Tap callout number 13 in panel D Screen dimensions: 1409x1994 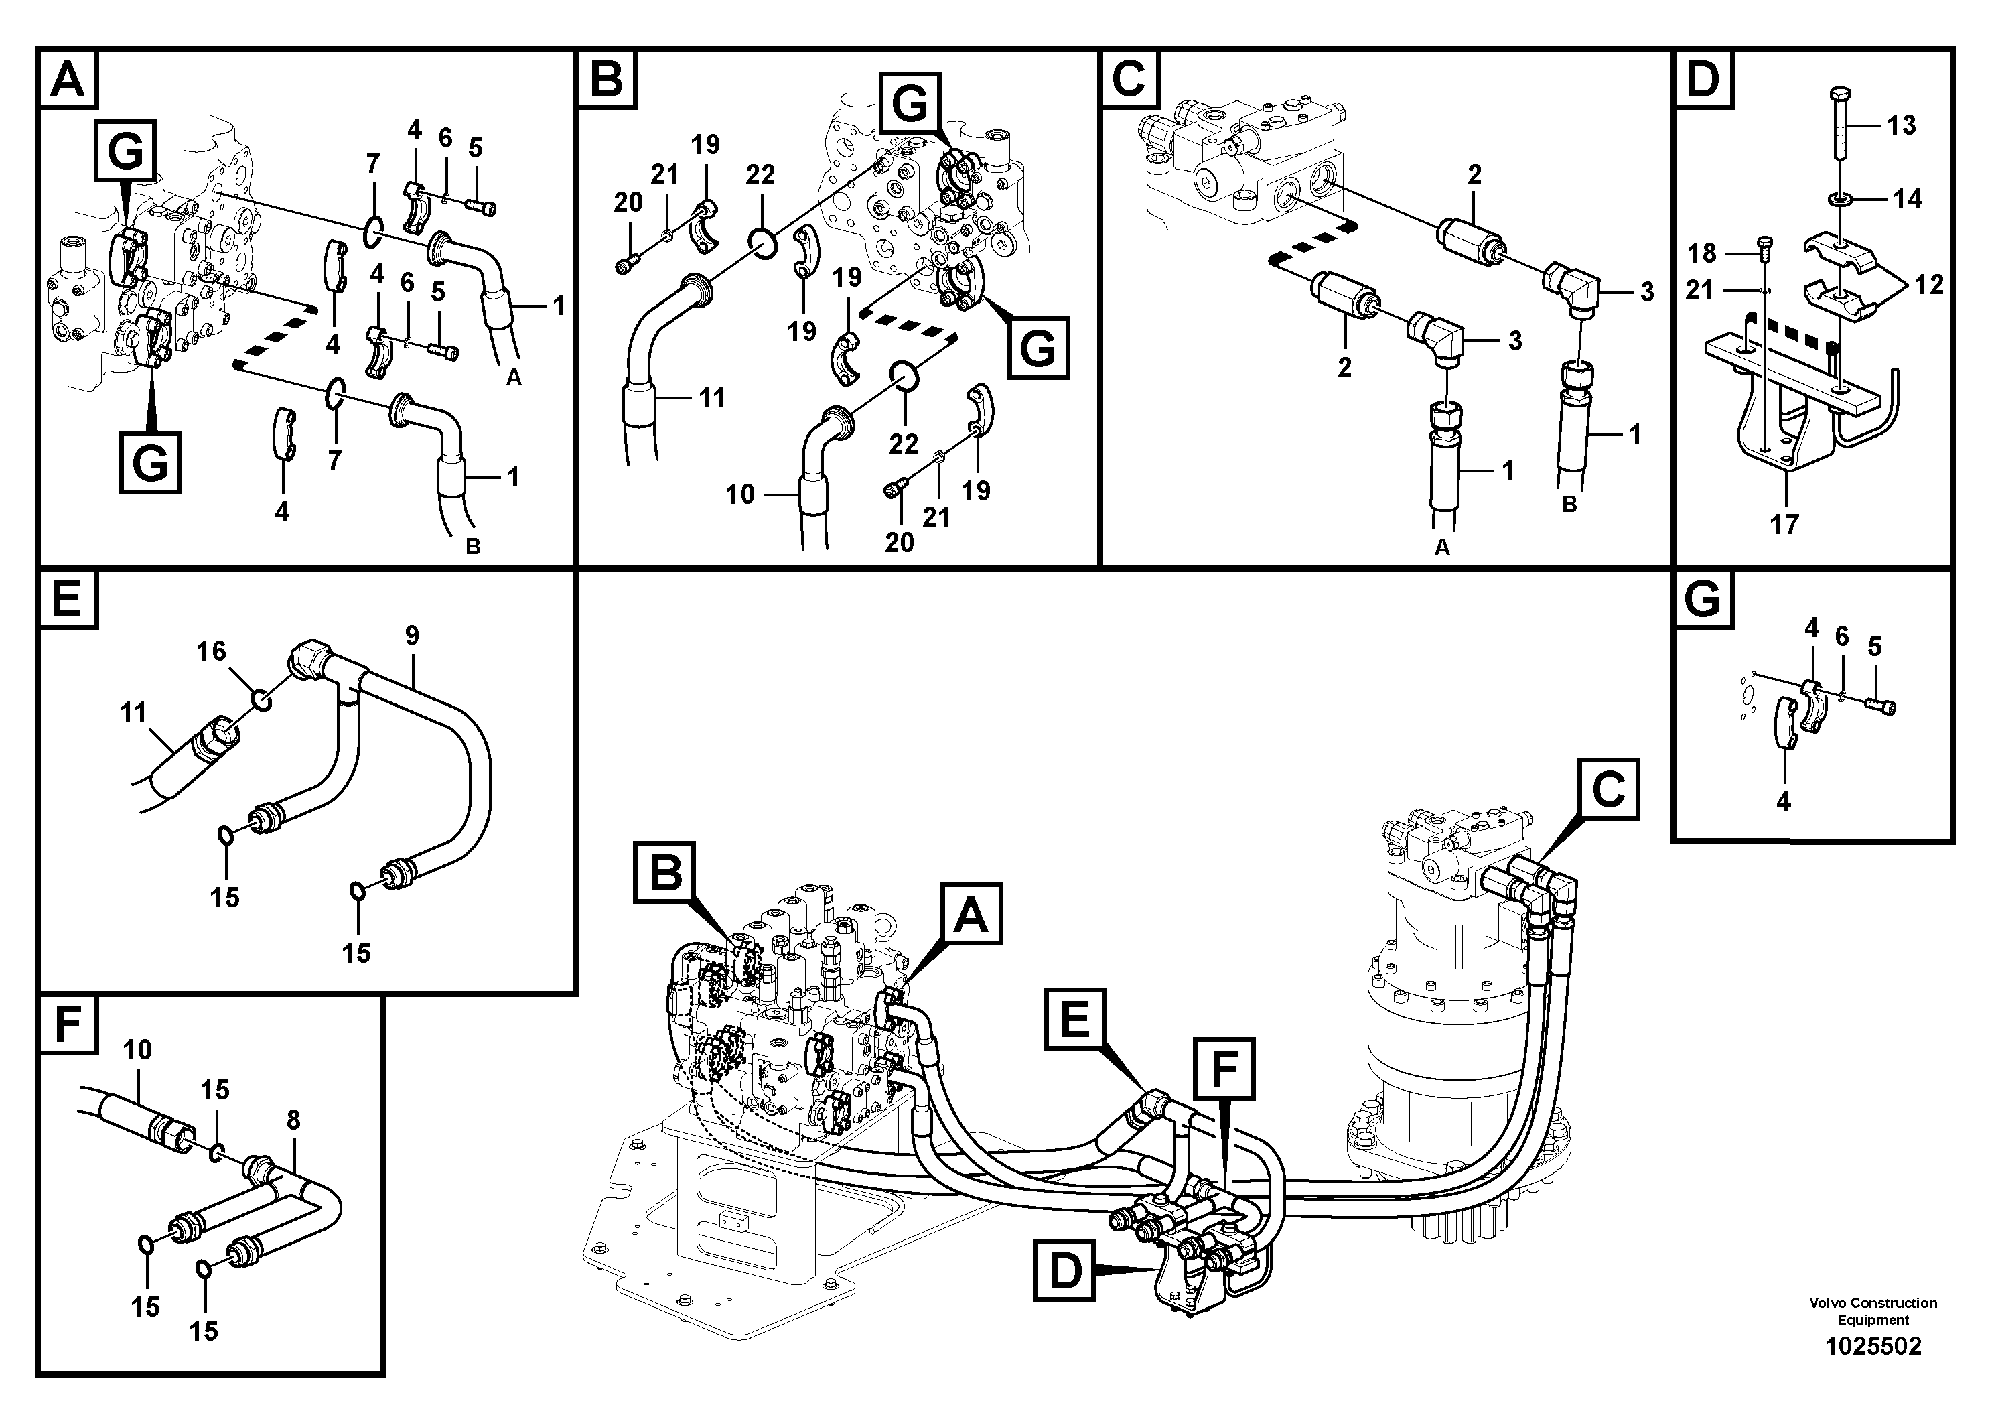[1900, 125]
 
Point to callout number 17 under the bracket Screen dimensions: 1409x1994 [1784, 524]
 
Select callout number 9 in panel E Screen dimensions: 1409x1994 [412, 636]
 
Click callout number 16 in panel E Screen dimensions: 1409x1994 [211, 651]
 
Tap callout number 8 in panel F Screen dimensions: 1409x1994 [293, 1121]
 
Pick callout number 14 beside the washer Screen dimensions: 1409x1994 [1907, 199]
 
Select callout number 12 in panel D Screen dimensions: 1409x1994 [1928, 284]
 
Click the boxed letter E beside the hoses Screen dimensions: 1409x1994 [1076, 1020]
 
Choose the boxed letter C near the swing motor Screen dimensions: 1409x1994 [1608, 791]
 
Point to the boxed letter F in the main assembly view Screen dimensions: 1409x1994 [1224, 1069]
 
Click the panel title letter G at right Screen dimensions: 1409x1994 [1701, 600]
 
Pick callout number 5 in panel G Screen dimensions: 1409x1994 [1874, 647]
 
